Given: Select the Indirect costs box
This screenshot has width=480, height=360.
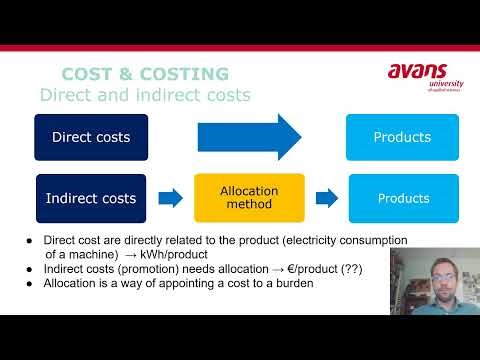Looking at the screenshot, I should [x=91, y=198].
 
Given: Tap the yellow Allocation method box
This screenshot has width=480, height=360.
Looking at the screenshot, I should [x=249, y=198].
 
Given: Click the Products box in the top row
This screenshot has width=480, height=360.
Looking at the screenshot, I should [x=402, y=137].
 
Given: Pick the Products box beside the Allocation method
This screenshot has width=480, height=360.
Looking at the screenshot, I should [x=403, y=198].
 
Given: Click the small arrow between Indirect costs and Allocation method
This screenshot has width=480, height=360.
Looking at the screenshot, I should [x=171, y=198].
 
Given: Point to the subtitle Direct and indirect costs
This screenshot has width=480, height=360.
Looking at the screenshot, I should [x=144, y=95].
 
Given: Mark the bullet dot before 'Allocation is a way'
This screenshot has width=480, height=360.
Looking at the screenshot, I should [x=30, y=283].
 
